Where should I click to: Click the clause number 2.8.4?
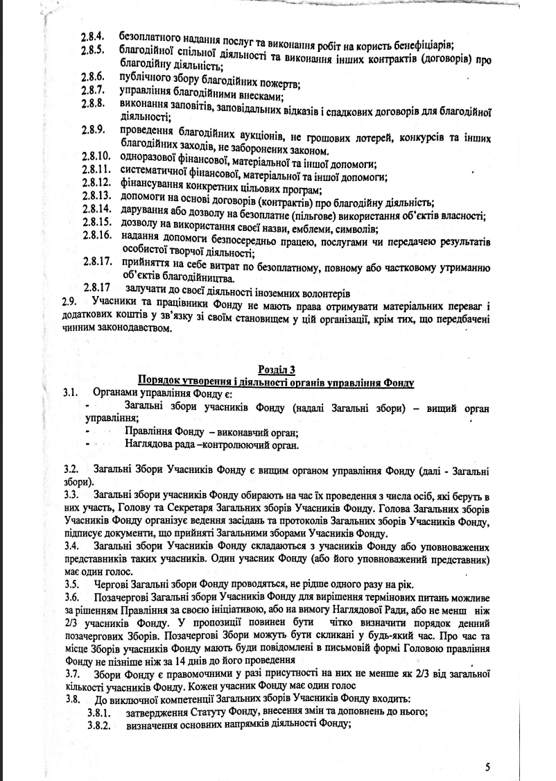click(x=94, y=34)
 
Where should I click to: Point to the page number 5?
click(x=487, y=766)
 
